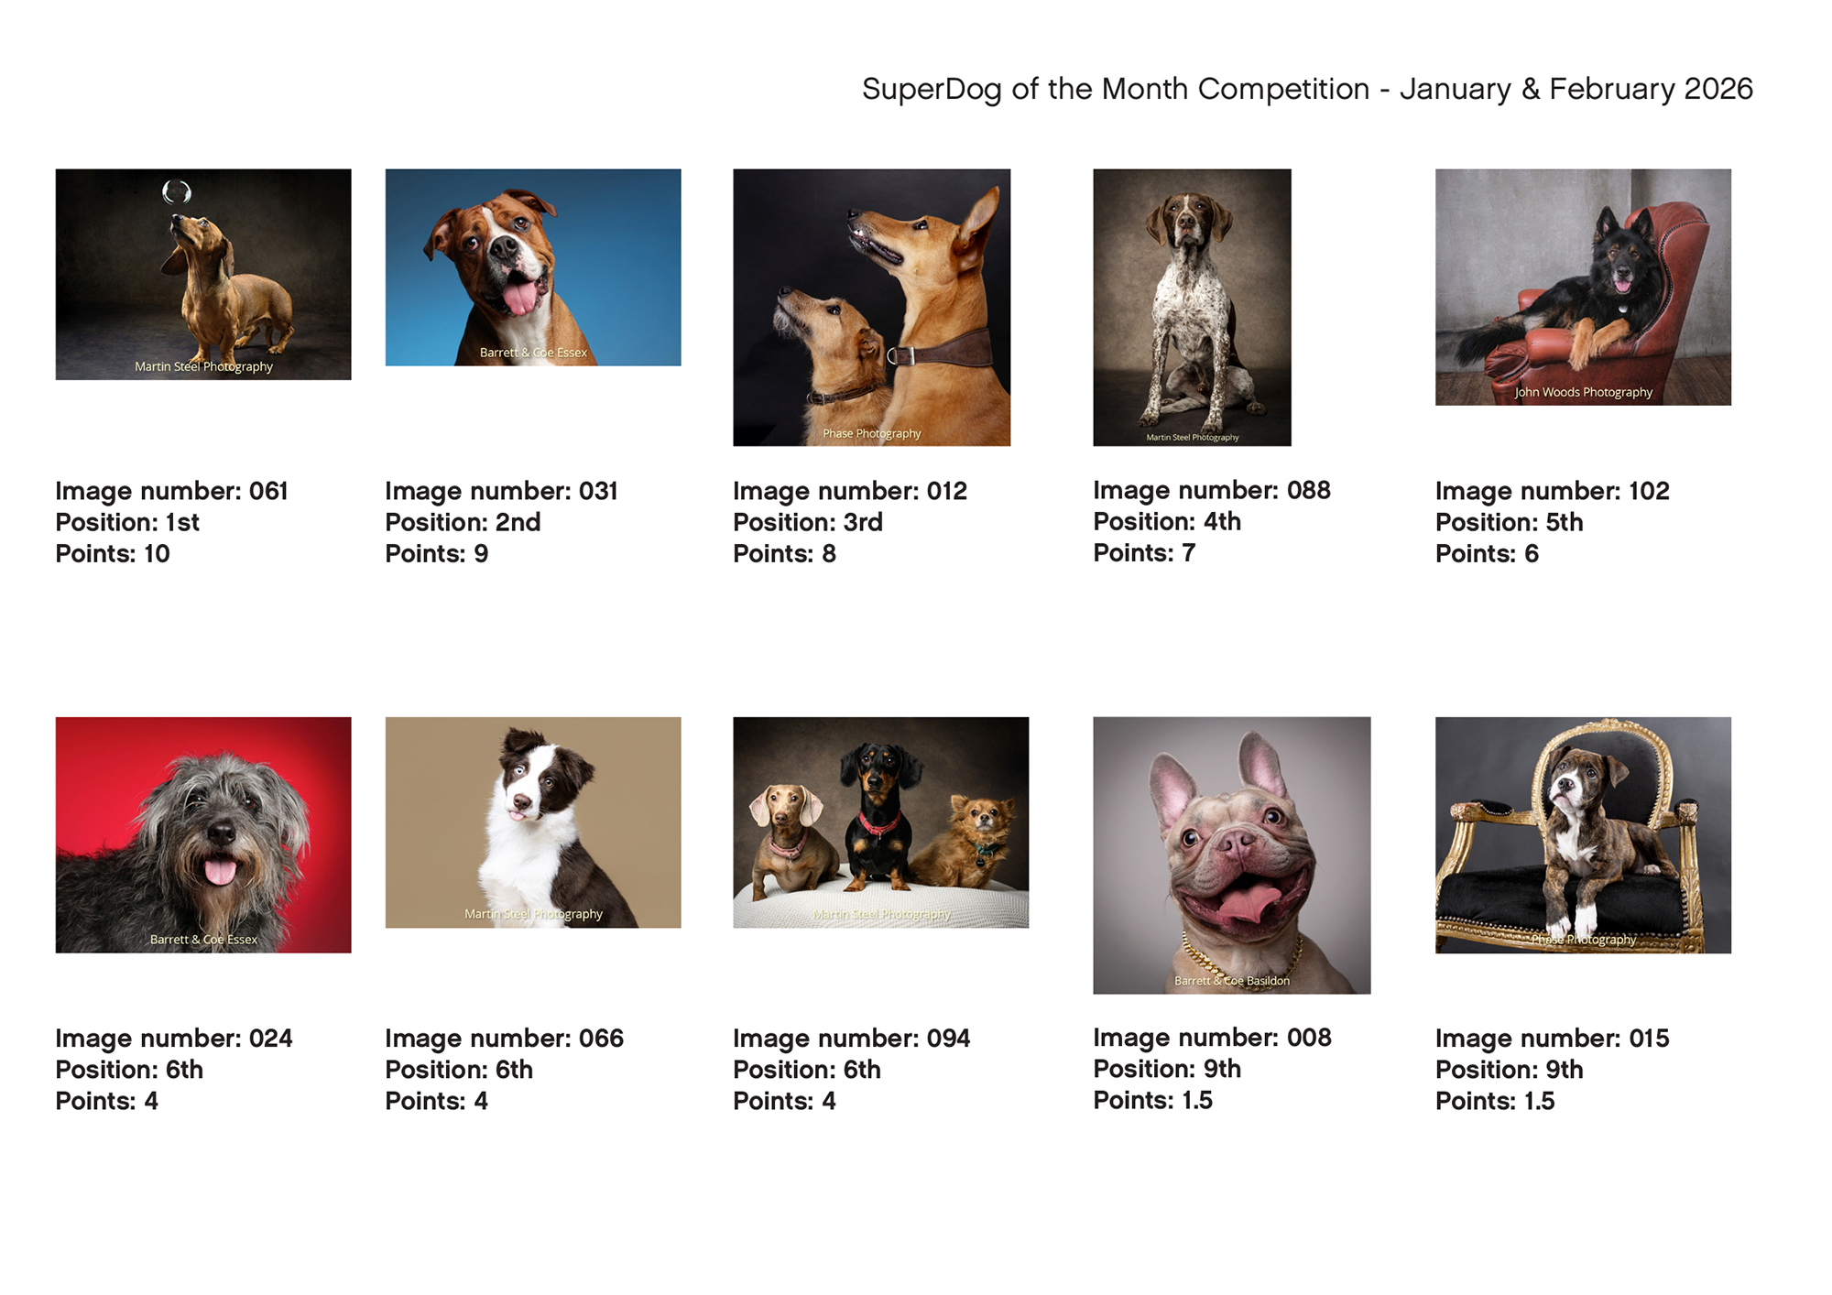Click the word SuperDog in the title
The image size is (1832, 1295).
pos(932,90)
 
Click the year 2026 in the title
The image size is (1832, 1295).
pos(1718,89)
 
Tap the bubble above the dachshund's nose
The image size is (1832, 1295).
pos(177,191)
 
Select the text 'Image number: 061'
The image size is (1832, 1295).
pos(171,491)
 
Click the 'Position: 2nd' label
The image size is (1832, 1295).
pos(463,522)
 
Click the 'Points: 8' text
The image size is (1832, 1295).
pos(784,553)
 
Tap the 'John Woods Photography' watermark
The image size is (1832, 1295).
pos(1584,392)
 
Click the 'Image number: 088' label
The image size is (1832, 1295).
pos(1212,490)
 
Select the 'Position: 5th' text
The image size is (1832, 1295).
pos(1509,522)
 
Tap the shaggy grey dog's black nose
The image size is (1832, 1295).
pos(221,832)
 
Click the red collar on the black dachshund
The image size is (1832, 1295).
pos(878,823)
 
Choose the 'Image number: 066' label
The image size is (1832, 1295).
pos(504,1039)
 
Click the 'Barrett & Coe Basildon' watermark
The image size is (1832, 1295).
pos(1232,981)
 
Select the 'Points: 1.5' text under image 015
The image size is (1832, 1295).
pos(1495,1101)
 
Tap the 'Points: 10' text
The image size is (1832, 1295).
pos(113,553)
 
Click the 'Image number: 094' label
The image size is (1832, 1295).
pos(851,1039)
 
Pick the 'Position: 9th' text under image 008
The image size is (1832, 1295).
pos(1167,1069)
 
